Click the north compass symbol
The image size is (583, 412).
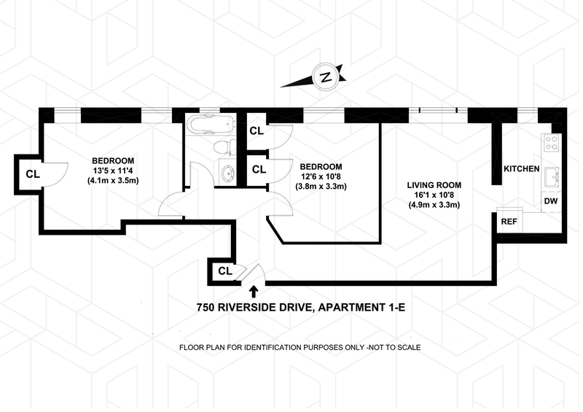(x=326, y=75)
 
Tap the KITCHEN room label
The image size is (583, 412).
(x=521, y=169)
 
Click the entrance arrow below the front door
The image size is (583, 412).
(x=254, y=293)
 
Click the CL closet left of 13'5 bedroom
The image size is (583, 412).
(x=32, y=174)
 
